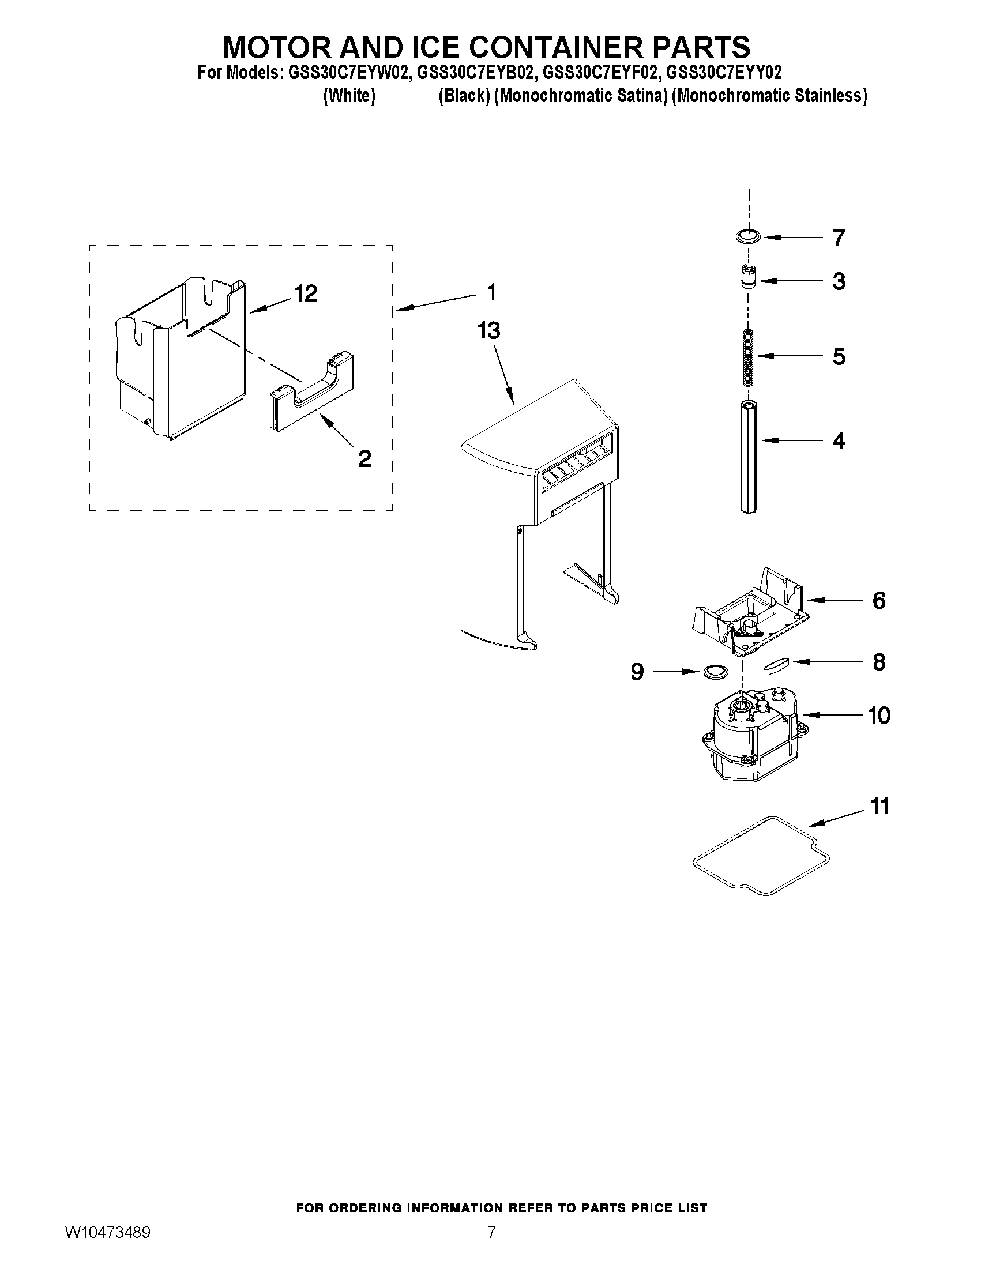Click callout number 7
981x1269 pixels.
(x=838, y=238)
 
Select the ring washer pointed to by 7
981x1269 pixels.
(x=747, y=236)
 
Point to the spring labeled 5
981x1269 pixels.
(x=748, y=356)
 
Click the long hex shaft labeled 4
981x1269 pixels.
(x=748, y=456)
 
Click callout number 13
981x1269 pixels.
(x=488, y=331)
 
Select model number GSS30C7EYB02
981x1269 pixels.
(x=474, y=73)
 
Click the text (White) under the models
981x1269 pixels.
(x=349, y=96)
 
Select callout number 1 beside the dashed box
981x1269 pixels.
(x=492, y=292)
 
